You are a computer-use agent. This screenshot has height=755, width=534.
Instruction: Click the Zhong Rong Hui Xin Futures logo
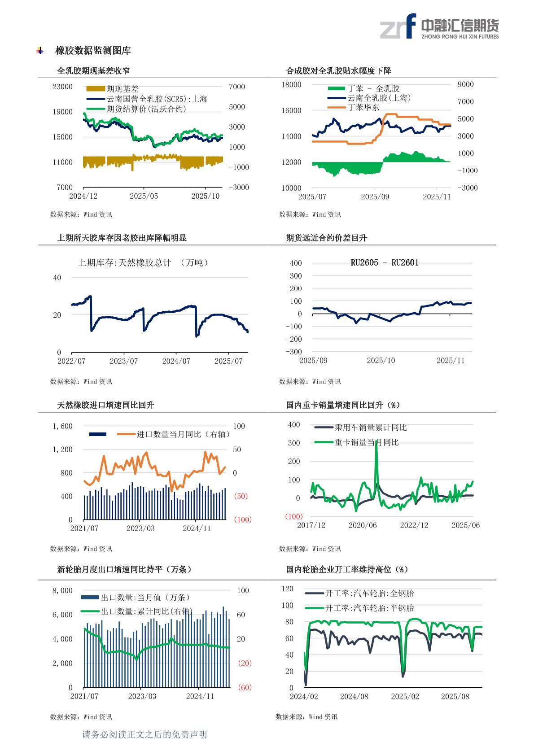(439, 26)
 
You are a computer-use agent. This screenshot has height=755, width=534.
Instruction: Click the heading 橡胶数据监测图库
(93, 51)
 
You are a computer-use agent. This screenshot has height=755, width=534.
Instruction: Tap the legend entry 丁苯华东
(363, 108)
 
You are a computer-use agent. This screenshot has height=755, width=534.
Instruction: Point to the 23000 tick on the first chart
(62, 87)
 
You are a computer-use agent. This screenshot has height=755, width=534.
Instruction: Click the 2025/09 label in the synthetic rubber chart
(375, 196)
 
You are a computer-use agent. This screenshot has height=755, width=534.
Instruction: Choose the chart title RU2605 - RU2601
(385, 263)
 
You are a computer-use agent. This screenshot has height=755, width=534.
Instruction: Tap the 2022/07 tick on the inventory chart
(71, 361)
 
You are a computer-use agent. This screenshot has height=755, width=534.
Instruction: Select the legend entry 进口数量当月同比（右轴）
(183, 434)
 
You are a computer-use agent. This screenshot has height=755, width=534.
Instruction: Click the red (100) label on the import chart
(243, 519)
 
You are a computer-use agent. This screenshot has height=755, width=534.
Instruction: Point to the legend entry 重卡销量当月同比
(366, 442)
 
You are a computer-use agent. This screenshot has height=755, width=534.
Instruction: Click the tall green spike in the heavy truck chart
(376, 444)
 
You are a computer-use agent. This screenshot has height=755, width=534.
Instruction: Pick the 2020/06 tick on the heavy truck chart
(363, 525)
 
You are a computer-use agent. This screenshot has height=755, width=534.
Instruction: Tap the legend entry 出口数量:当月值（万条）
(145, 598)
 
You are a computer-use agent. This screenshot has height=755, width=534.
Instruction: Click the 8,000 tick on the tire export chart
(62, 590)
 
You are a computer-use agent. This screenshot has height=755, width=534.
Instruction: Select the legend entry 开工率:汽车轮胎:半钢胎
(369, 608)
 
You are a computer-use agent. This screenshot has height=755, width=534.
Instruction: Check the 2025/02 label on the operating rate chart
(405, 697)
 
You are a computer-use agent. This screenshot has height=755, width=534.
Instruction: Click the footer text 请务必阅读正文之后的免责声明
(144, 734)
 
